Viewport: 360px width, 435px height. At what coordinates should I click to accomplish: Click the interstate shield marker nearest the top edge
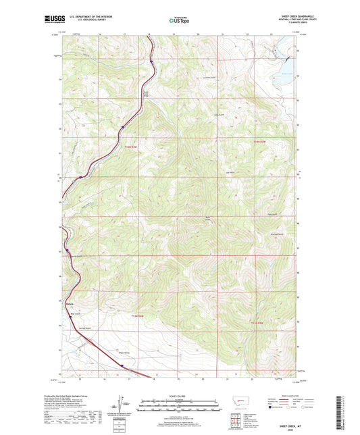pos(151,61)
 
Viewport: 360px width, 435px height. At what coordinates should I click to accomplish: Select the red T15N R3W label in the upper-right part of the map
pos(261,141)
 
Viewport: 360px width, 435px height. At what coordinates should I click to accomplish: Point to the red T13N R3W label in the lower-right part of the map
pos(261,324)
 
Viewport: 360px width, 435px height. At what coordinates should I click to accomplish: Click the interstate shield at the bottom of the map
pos(122,365)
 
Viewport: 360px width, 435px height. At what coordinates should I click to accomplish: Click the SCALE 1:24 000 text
pos(179,394)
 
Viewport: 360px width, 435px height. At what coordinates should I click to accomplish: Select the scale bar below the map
pos(179,406)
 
